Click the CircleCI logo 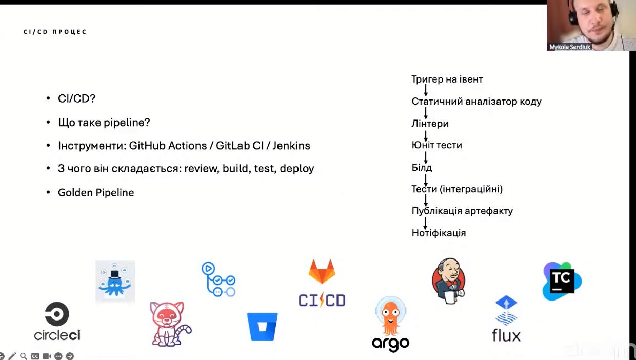pos(57,321)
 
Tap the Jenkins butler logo pos(448,280)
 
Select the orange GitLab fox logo pos(322,271)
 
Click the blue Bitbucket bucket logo pos(263,327)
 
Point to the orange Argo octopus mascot pos(391,316)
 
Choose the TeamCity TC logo pos(562,281)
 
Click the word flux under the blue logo pos(506,336)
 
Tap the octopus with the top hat pos(115,281)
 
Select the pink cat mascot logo pos(169,324)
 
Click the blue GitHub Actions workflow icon pos(218,279)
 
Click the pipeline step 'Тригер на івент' pos(447,79)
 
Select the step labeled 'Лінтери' pos(430,124)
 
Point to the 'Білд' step pos(422,168)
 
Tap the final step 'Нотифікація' pos(439,233)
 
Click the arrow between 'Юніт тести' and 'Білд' pos(426,157)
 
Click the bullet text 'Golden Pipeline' pos(96,193)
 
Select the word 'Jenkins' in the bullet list pos(291,146)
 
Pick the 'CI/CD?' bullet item pos(77,98)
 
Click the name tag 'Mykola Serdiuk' pos(570,47)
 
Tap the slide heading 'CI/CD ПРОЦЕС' pos(55,32)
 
